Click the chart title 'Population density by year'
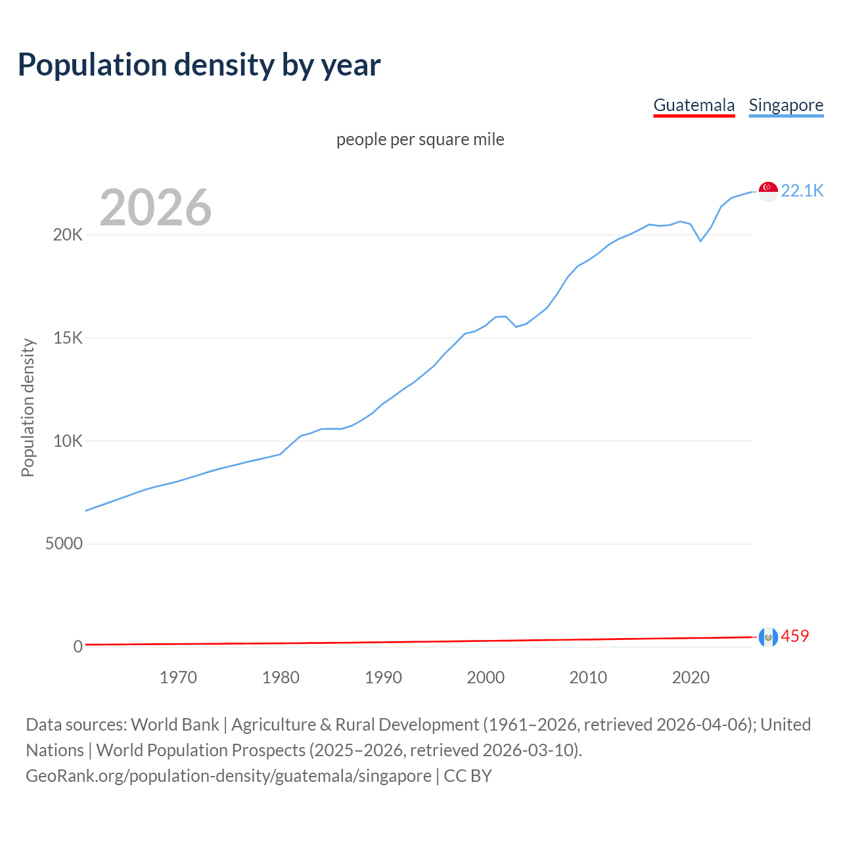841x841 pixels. click(199, 65)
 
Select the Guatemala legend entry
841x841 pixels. click(694, 105)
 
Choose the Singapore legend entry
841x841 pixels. click(786, 105)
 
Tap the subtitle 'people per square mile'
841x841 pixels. click(420, 139)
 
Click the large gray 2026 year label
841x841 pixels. click(156, 208)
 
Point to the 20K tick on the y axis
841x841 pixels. click(68, 235)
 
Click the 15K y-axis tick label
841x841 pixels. click(68, 338)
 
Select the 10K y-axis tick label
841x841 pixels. click(68, 441)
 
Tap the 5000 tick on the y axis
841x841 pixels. click(64, 543)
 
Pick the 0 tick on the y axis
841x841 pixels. click(78, 647)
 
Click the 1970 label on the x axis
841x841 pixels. click(178, 677)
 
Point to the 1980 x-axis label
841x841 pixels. click(281, 677)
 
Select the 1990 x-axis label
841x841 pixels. click(383, 677)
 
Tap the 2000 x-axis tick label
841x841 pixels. click(486, 677)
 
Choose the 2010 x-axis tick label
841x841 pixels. click(588, 677)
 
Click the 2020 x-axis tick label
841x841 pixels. click(691, 677)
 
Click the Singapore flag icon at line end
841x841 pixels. click(768, 191)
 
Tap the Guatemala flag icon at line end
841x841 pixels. click(768, 637)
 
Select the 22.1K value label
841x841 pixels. click(802, 191)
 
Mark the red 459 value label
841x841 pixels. click(794, 636)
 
